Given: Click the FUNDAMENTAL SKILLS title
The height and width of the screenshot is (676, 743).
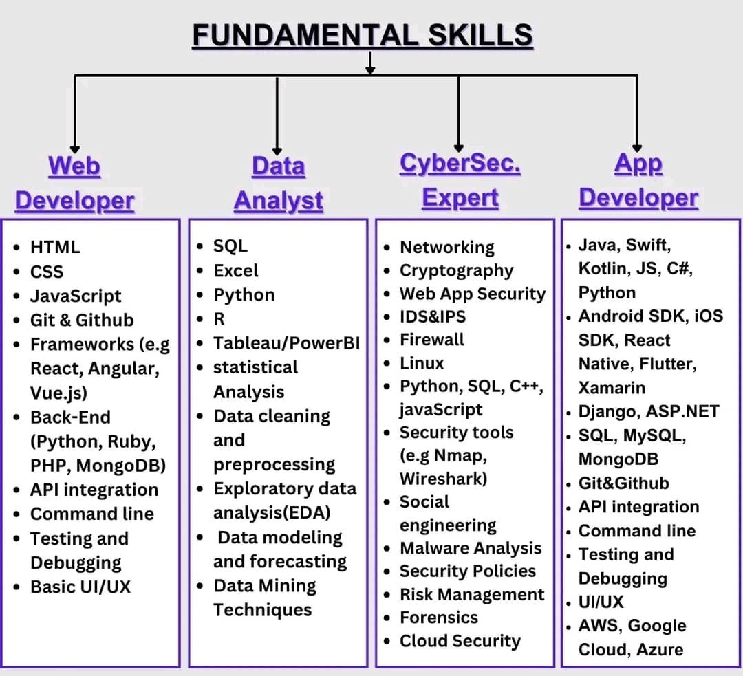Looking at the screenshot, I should coord(363,35).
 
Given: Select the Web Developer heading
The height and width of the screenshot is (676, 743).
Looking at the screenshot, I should coord(74,183).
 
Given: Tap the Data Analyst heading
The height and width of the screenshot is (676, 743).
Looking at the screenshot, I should coord(278,183).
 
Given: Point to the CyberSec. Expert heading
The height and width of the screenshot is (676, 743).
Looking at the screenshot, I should coord(460,180).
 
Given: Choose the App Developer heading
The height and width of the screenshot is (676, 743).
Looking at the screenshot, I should coord(638,180).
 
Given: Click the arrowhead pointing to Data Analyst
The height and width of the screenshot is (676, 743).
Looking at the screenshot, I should coord(277,149).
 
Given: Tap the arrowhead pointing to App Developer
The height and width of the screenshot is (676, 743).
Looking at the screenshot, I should coord(637,146).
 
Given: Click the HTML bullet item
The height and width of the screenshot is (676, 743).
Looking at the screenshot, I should coord(55,247).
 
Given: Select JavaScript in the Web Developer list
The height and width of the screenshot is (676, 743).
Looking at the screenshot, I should coord(76,296).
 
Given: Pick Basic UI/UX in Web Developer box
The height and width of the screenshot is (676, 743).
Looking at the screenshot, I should coord(80,587).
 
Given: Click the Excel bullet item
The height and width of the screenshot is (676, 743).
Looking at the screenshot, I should coord(236,270).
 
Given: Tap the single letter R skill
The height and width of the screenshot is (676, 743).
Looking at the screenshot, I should coord(219,319).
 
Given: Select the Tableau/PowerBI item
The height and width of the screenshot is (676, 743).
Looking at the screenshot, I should coord(286,343).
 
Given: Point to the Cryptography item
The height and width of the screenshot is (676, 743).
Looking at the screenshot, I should coord(457,270).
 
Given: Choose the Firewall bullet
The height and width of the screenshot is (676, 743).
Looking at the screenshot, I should coord(432,340).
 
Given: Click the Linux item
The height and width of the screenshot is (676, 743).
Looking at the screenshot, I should coord(422,362).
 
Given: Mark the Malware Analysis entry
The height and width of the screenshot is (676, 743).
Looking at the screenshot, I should coord(471,548).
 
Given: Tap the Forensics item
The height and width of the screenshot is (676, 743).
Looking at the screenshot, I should coord(439,618).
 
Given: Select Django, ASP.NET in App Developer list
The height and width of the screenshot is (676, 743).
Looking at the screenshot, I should coord(648,412).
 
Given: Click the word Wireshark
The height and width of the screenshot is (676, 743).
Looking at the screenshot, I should coord(443,478).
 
